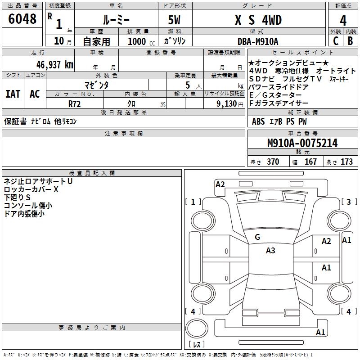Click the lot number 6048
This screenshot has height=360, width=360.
pyautogui.click(x=22, y=19)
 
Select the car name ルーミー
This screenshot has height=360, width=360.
pyautogui.click(x=116, y=20)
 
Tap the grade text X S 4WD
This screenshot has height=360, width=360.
pyautogui.click(x=258, y=20)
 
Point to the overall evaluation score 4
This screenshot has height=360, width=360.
pyautogui.click(x=343, y=21)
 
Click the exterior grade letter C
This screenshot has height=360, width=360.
pyautogui.click(x=335, y=40)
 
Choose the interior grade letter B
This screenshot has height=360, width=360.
pyautogui.click(x=350, y=40)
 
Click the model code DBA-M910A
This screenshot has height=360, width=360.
pyautogui.click(x=258, y=41)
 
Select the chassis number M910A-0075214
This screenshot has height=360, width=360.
pyautogui.click(x=302, y=143)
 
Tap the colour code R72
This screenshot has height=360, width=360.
pyautogui.click(x=74, y=103)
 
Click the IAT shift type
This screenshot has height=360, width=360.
pyautogui.click(x=13, y=94)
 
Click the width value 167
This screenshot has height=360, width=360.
pyautogui.click(x=310, y=162)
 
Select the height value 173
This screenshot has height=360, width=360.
pyautogui.click(x=346, y=162)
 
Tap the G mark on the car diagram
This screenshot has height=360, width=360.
pyautogui.click(x=257, y=237)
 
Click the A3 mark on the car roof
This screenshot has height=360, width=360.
pyautogui.click(x=270, y=251)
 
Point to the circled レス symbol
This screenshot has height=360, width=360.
pyautogui.click(x=196, y=345)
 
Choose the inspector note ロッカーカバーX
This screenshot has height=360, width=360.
pyautogui.click(x=31, y=189)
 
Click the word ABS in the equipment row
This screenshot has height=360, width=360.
pyautogui.click(x=258, y=121)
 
